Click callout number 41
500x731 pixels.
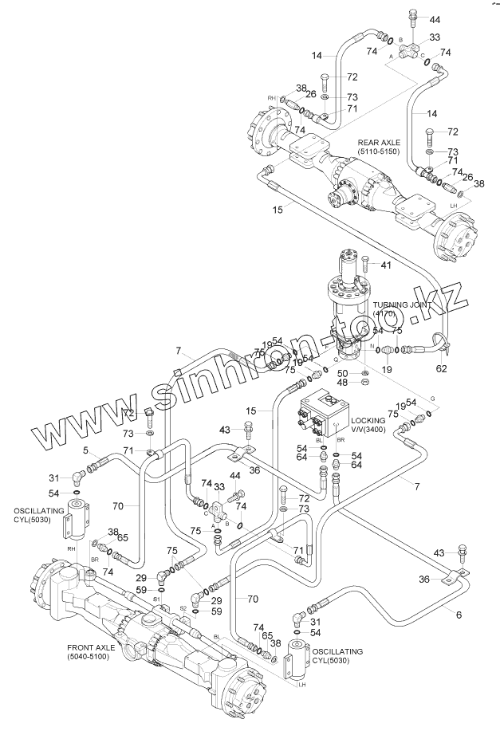pos(386,265)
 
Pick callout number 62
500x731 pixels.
pos(441,368)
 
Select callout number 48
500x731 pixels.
pos(342,383)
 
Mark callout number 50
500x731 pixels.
pos(342,372)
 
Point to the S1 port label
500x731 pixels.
pos(157,598)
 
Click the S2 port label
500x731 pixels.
pos(183,608)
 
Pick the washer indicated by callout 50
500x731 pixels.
pos(364,372)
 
